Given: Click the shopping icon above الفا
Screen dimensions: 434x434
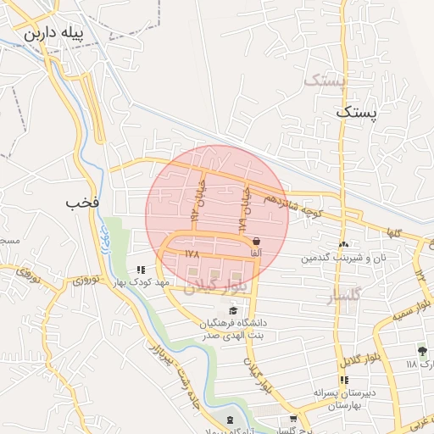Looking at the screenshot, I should point(256,241).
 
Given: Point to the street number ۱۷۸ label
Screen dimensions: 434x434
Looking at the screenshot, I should point(189,253).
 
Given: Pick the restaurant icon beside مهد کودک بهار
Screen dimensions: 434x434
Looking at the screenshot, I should point(142,270).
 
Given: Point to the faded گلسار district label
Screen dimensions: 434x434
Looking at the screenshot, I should point(343,294).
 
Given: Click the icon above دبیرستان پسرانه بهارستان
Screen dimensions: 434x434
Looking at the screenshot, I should point(343,380).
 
